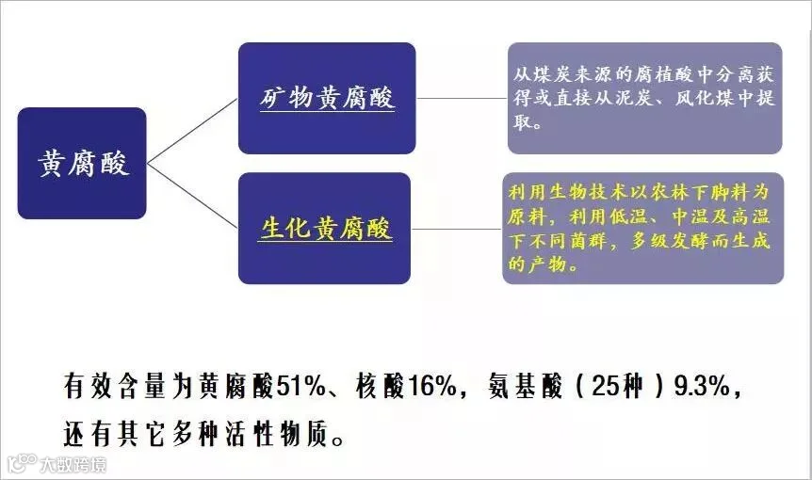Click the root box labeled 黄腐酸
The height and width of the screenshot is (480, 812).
(82, 164)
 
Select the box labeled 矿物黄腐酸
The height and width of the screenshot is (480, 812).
(327, 98)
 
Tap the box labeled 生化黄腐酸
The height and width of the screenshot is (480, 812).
(325, 229)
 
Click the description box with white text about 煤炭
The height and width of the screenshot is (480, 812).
(644, 98)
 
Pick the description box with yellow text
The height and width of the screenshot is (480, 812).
(642, 228)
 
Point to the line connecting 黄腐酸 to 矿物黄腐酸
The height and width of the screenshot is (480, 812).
(192, 131)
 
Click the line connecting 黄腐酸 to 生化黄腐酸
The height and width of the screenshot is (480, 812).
(192, 197)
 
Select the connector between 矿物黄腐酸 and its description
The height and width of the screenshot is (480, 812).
(462, 97)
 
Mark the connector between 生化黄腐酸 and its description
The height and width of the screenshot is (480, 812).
(458, 228)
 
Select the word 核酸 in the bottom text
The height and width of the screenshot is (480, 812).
(378, 386)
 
